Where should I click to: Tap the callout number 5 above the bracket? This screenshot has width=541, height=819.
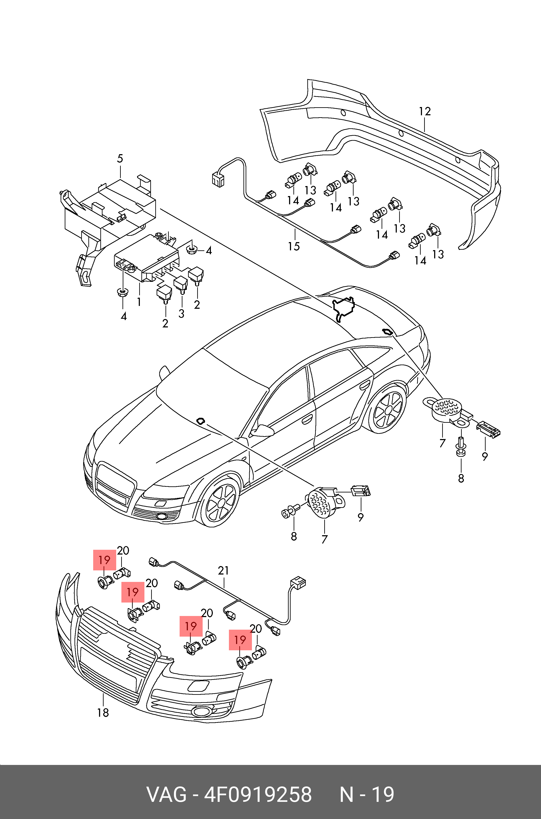[120, 159]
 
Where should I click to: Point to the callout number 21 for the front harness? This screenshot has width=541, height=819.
[223, 571]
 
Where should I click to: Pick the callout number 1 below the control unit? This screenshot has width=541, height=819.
[139, 302]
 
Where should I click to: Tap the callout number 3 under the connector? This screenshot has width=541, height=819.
[181, 314]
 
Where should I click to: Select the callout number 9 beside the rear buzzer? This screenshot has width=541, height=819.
[485, 457]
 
